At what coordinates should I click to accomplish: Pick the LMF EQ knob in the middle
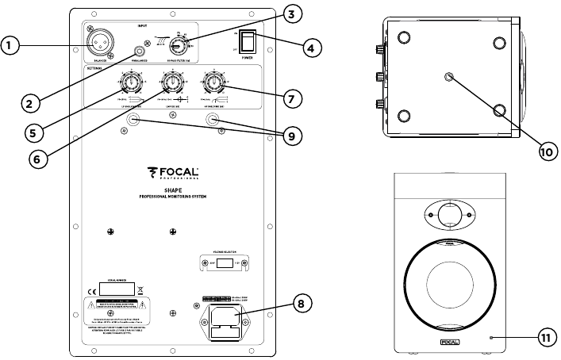(171, 83)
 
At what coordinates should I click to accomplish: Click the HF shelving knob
(213, 83)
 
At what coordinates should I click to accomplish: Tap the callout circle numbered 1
(11, 46)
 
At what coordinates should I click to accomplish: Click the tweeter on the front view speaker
(448, 216)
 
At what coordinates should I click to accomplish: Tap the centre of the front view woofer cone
(448, 285)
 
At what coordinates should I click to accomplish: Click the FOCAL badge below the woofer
(448, 343)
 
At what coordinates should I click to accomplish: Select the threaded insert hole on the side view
(450, 76)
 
